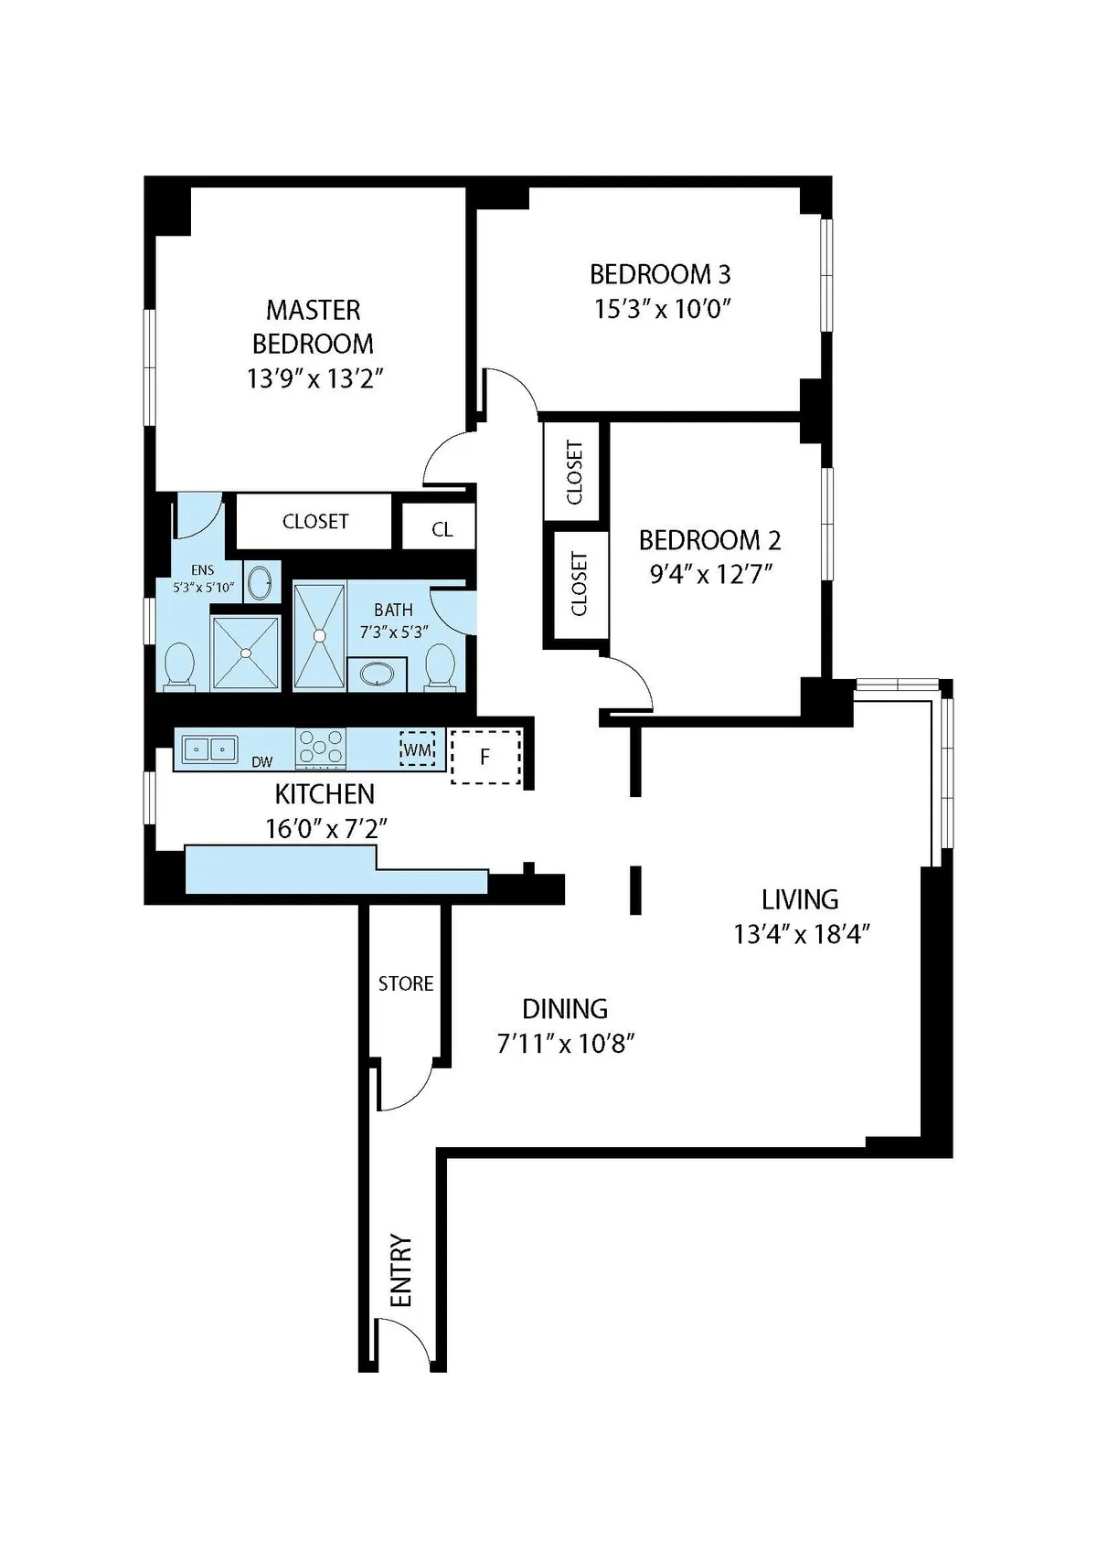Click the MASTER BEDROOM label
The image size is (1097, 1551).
[x=314, y=326]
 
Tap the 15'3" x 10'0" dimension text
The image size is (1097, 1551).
[x=661, y=309]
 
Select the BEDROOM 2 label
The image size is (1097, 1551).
[x=709, y=540]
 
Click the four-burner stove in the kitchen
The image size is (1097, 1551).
[x=321, y=748]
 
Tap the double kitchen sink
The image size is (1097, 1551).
[x=209, y=749]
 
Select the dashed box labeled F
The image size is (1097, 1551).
[x=485, y=757]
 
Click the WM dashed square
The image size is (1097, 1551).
[x=417, y=749]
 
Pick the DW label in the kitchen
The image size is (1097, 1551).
[x=261, y=761]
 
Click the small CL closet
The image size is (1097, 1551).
[x=442, y=529]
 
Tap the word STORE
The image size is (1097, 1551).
[x=406, y=983]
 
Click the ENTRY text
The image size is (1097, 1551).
[x=401, y=1270]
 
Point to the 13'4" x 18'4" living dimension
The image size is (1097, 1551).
[x=800, y=934]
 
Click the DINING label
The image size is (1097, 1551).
[x=565, y=1009]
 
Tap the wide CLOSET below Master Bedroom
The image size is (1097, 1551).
[x=315, y=521]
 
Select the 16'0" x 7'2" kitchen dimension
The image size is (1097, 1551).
[x=326, y=829]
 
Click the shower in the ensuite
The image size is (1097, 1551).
[x=245, y=653]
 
